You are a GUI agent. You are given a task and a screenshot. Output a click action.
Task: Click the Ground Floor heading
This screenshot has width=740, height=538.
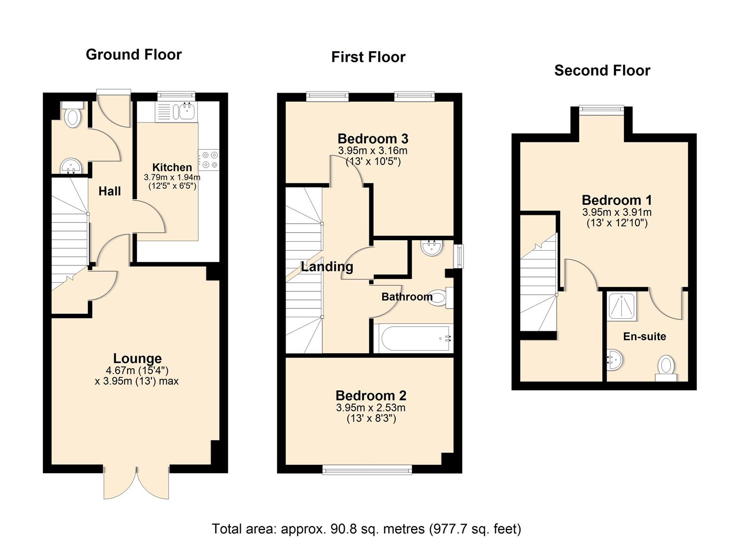point(134,54)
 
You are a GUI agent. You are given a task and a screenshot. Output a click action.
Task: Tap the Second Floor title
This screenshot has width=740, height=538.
point(602,70)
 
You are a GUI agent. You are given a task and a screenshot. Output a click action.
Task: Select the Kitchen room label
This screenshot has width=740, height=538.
point(172,167)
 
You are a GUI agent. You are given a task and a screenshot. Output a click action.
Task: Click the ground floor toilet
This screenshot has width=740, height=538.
point(73,116)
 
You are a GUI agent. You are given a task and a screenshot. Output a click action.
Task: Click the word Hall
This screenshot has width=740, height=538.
point(109,191)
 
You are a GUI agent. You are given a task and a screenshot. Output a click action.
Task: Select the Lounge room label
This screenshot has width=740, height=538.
point(137,358)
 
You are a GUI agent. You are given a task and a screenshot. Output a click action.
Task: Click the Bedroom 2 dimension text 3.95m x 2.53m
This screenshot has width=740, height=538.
point(371,407)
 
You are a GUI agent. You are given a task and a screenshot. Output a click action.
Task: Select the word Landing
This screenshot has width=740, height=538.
point(327,267)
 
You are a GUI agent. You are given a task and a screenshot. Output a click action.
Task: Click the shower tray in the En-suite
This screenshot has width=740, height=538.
point(621,306)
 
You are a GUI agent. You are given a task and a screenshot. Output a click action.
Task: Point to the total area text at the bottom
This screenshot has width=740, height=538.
point(366,529)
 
